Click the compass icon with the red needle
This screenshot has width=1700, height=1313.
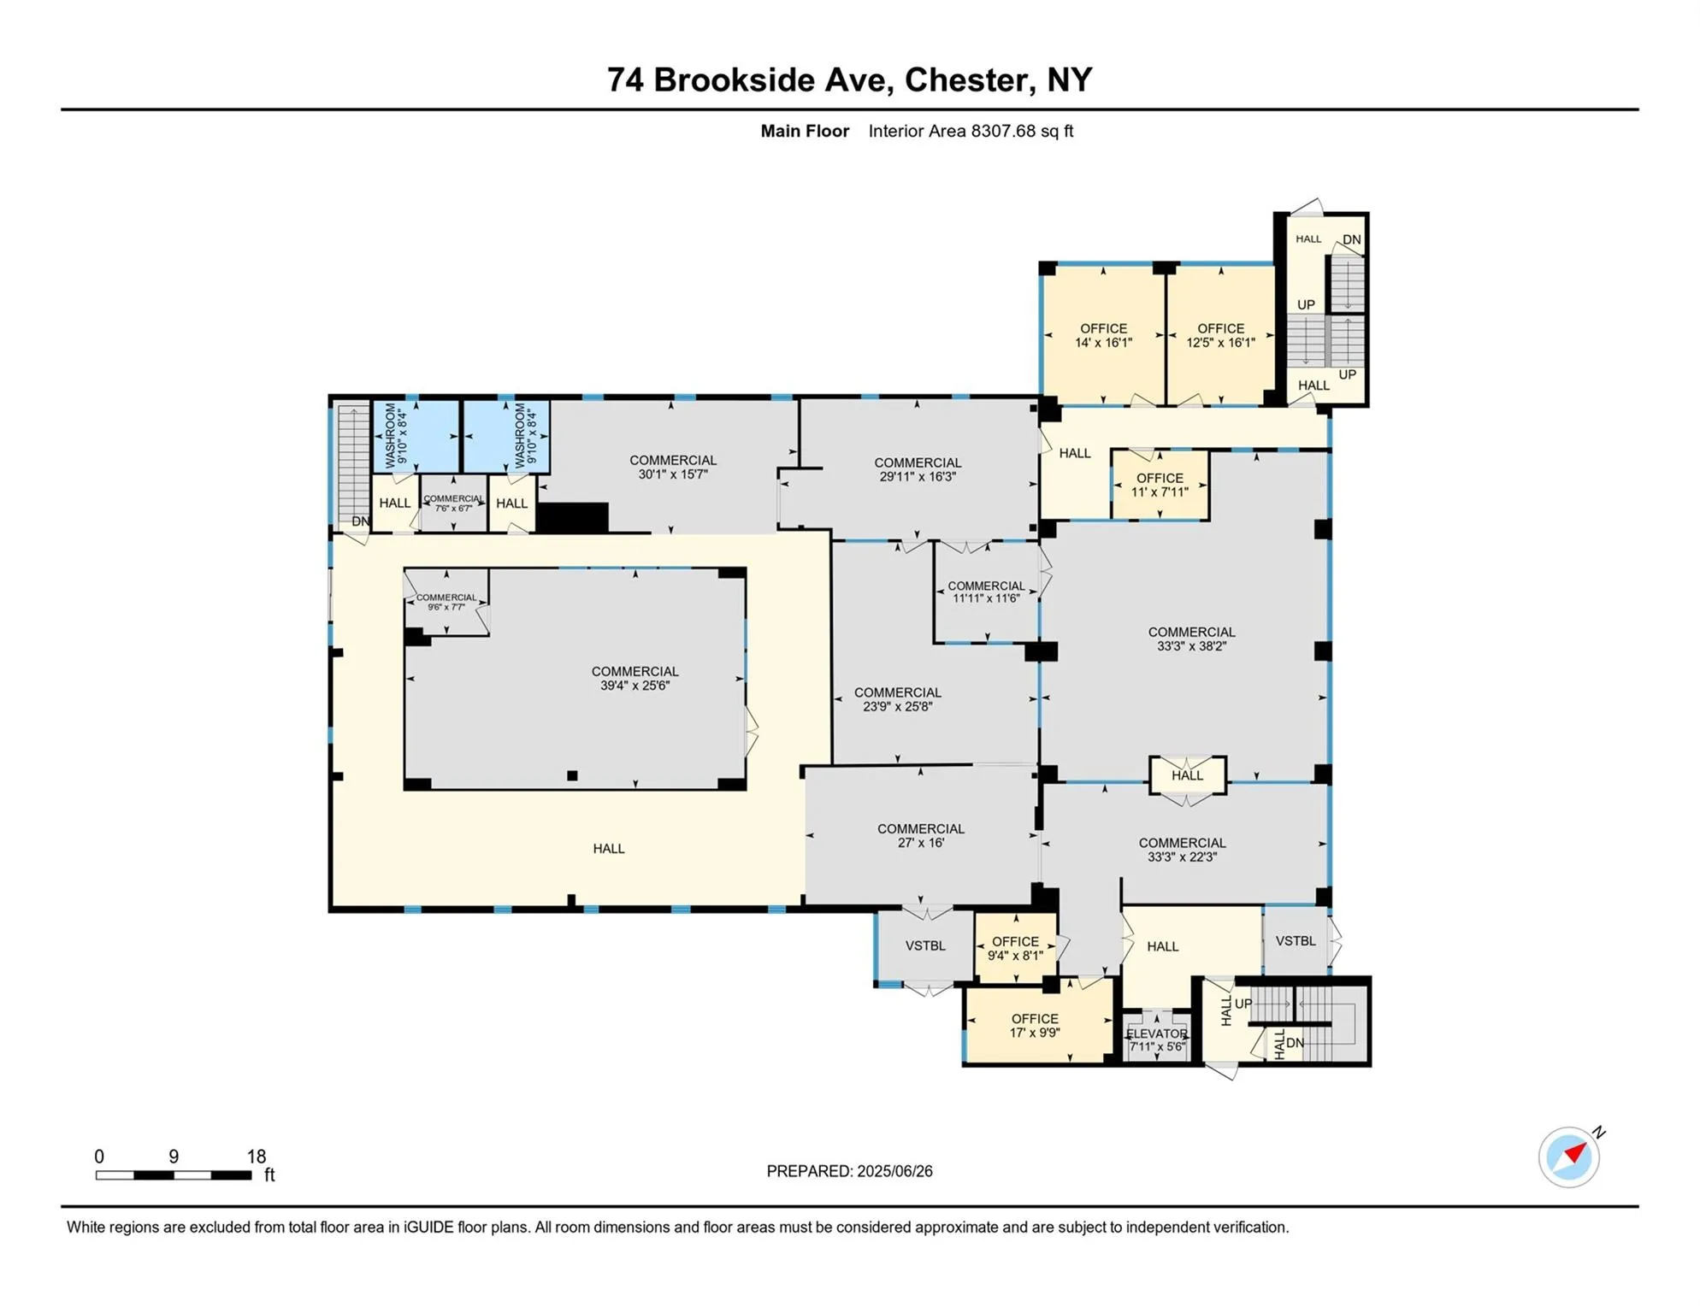click(1568, 1157)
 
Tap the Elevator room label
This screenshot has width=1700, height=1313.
click(1156, 1039)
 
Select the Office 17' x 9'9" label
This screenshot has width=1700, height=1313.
click(1035, 1025)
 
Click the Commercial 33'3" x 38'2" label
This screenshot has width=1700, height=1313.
click(1191, 639)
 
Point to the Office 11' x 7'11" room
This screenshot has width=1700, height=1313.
click(1160, 485)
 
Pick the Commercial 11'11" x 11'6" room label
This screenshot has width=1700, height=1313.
click(986, 592)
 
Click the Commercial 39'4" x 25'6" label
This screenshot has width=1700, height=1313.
click(635, 678)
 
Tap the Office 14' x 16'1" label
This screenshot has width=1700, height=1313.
click(1103, 335)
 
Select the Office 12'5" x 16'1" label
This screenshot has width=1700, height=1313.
click(1220, 335)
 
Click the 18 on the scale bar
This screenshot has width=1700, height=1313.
click(257, 1157)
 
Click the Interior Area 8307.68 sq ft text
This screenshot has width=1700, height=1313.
click(970, 131)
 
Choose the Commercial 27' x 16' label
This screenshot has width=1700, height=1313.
click(920, 835)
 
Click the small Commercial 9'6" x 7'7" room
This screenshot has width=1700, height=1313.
click(446, 602)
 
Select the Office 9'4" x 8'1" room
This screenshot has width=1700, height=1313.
click(1015, 948)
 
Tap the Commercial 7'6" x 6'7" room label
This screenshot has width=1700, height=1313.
click(453, 503)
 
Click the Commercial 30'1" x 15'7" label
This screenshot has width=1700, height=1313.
click(673, 467)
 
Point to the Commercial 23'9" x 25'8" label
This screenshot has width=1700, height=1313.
click(897, 699)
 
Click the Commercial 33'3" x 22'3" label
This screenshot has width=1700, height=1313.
click(1182, 849)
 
